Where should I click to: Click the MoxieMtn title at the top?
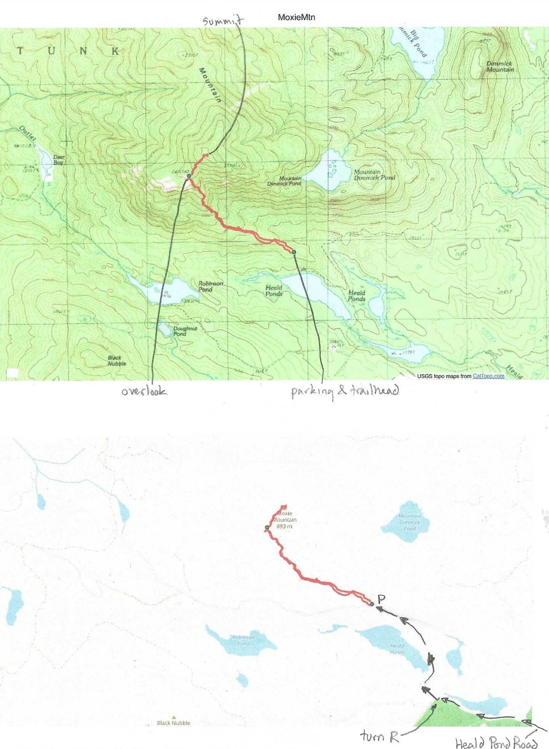click(x=296, y=17)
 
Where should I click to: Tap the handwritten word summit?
click(x=223, y=21)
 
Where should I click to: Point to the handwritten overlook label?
click(x=144, y=391)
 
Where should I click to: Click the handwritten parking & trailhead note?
click(x=345, y=391)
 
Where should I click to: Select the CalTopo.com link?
click(x=488, y=376)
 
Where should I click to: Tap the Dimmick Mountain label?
click(x=500, y=67)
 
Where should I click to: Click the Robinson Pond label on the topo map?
click(x=210, y=286)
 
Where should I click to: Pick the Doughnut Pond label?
click(x=185, y=331)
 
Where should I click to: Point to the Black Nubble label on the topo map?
click(x=116, y=361)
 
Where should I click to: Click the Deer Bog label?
click(x=59, y=160)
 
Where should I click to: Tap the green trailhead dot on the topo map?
click(x=294, y=252)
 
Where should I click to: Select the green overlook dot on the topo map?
click(x=189, y=176)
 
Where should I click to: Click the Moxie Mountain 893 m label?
click(x=285, y=520)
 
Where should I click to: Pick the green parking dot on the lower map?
click(x=372, y=604)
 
